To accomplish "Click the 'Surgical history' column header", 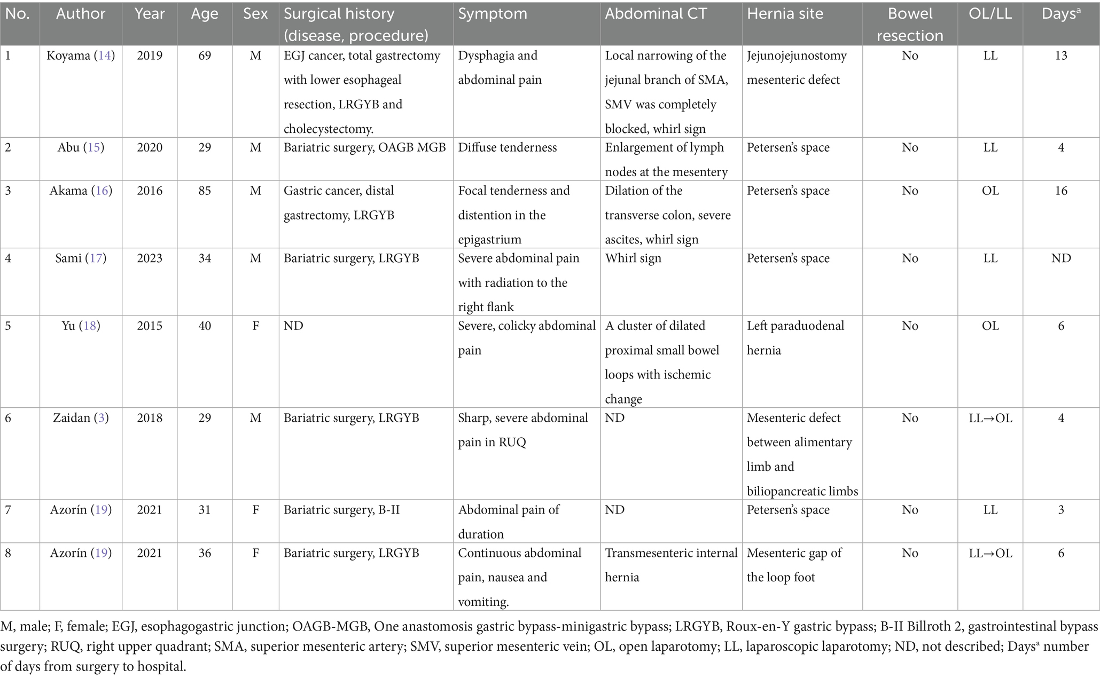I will point(339,14).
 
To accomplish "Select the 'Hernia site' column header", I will point(785,14).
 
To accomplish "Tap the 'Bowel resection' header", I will point(909,25).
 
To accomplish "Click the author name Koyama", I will point(69,56).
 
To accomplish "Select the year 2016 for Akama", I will point(150,191).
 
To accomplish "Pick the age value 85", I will point(205,191).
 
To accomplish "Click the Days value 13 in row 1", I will point(1060,56).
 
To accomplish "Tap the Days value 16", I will point(1060,191).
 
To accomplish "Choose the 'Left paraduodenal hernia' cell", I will point(795,338).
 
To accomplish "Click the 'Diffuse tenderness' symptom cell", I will point(507,147).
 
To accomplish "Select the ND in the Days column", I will point(1060,258).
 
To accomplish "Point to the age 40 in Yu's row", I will point(205,326).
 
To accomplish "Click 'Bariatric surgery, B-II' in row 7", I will point(341,510).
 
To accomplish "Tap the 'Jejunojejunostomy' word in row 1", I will point(797,56).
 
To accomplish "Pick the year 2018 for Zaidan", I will point(150,418).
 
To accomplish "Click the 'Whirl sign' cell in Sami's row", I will point(633,258).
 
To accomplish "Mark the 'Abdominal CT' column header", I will point(656,14).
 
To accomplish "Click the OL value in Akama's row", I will point(990,191).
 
